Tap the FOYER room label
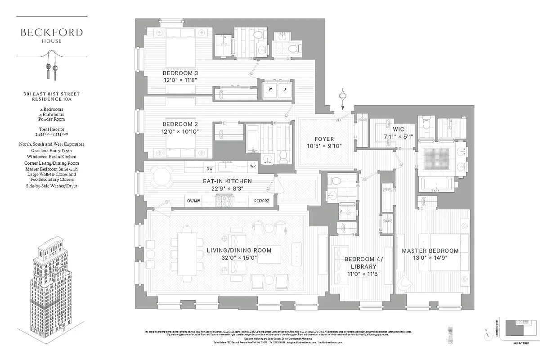tap(324, 139)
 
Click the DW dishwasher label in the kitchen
tap(210, 169)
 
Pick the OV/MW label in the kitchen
tap(194, 201)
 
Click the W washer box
tap(270, 89)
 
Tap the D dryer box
tap(285, 89)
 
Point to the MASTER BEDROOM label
tap(430, 251)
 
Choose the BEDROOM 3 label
tap(180, 73)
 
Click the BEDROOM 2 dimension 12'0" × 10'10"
tap(180, 131)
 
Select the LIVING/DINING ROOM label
tap(239, 250)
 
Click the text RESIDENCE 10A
tap(51, 99)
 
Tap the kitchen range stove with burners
tap(224, 201)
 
